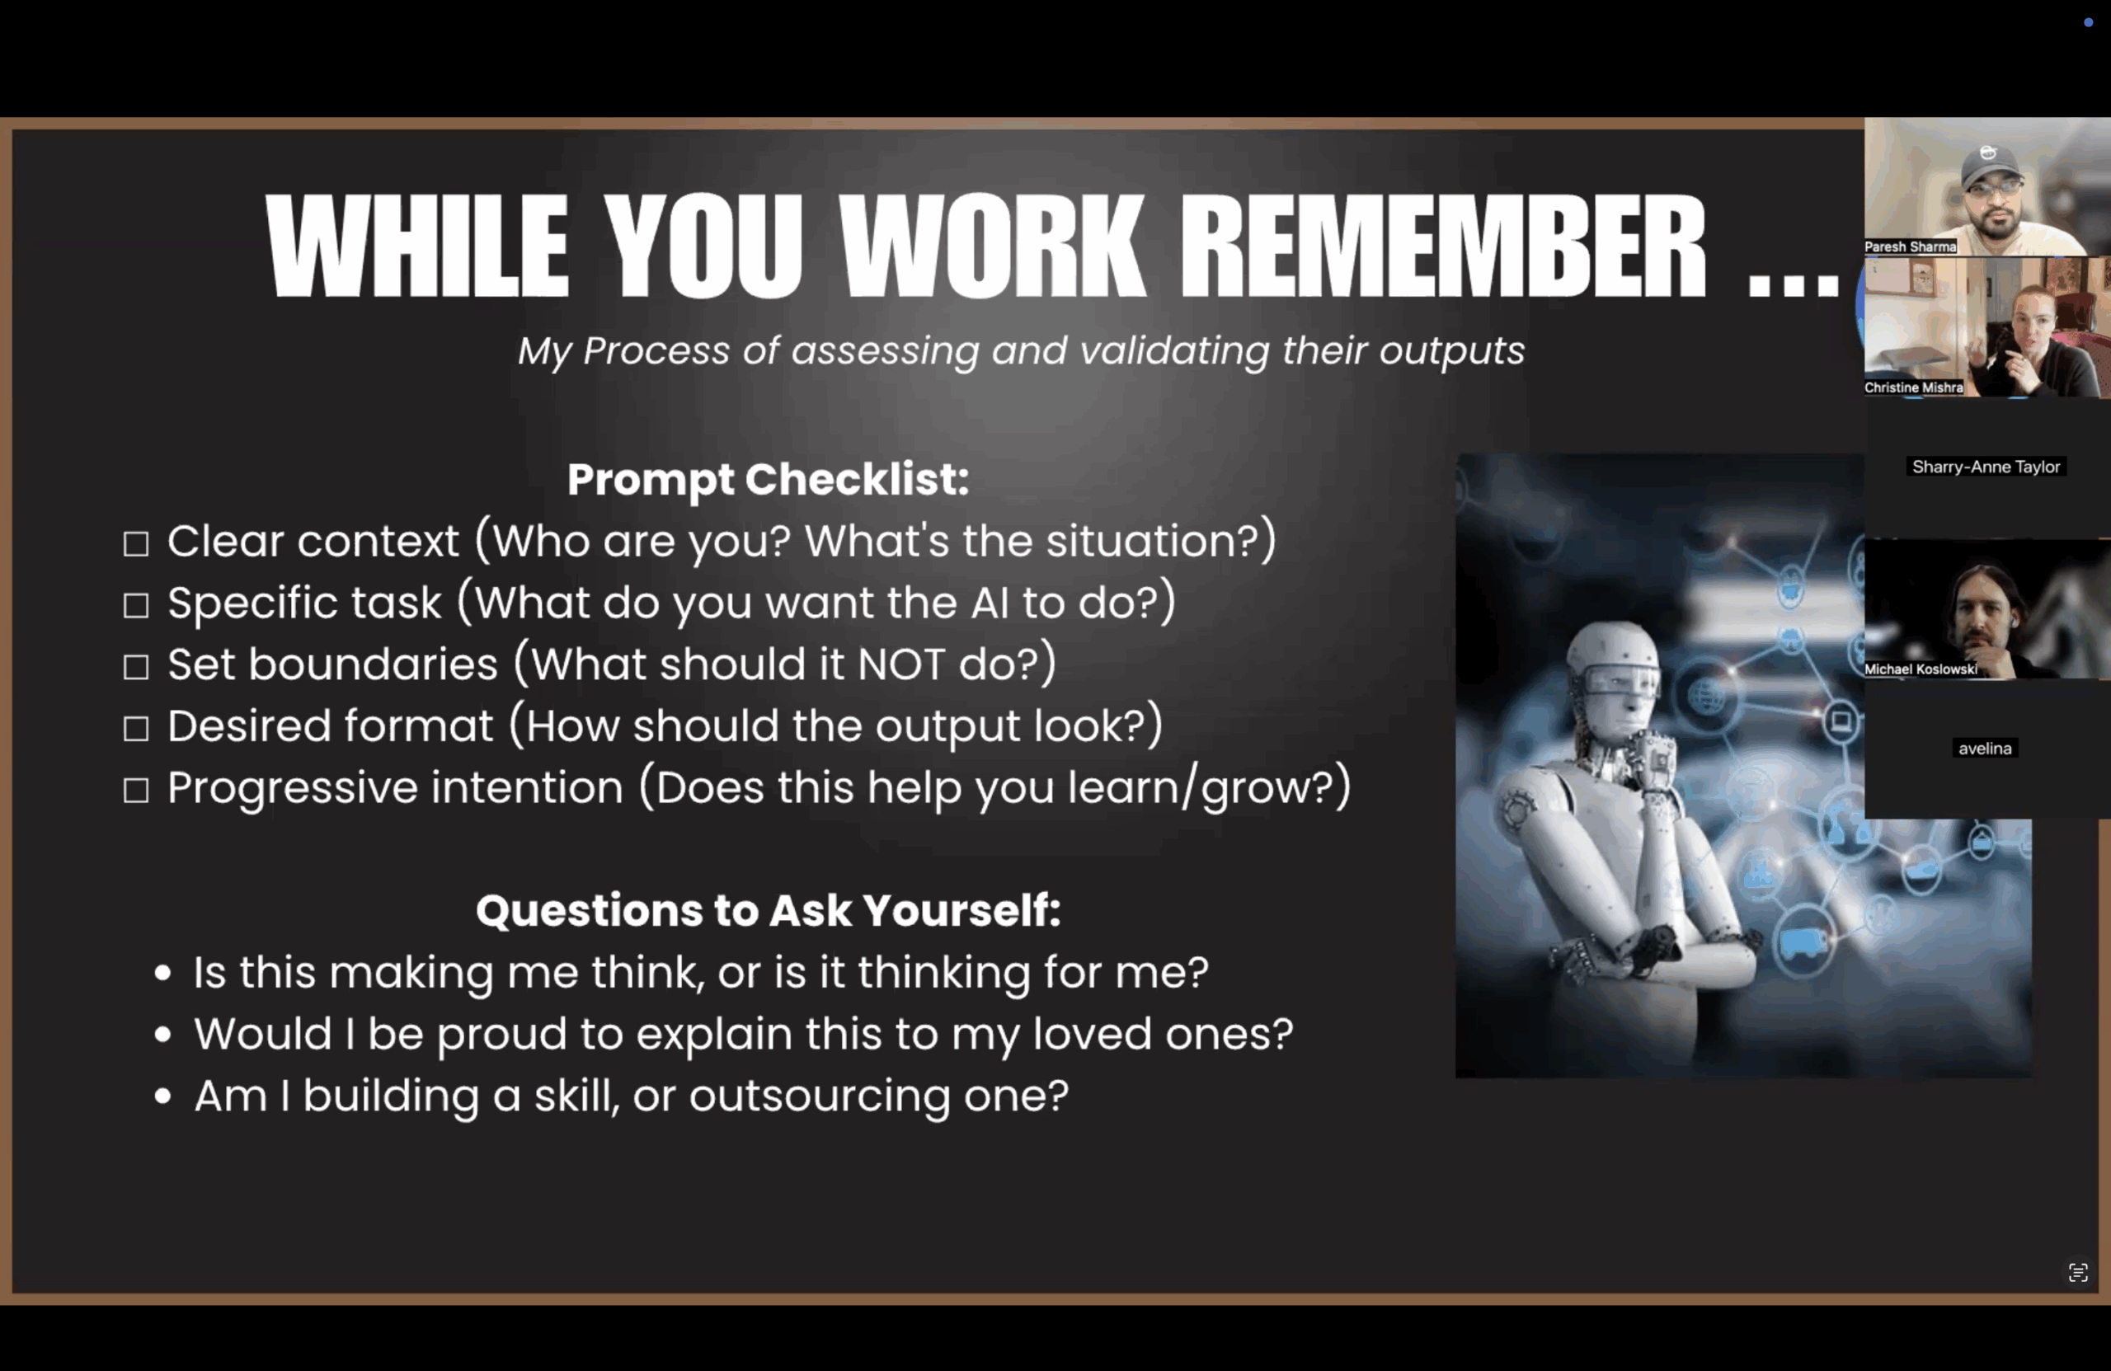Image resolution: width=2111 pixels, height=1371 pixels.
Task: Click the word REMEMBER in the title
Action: coord(1442,246)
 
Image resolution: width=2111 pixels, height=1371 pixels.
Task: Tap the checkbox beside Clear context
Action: coord(136,543)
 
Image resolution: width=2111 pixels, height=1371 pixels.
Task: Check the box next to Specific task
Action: coord(136,606)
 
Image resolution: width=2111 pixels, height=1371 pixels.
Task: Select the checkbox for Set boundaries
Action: coord(136,667)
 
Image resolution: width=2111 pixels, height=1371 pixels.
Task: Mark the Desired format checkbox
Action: coord(136,729)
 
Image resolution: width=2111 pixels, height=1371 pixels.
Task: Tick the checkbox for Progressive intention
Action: coord(136,790)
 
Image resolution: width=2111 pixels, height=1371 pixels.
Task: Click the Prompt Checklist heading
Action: coord(768,480)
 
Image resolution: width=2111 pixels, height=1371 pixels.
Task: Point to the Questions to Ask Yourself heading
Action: coord(768,911)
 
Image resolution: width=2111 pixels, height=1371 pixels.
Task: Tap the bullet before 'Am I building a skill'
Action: coord(162,1096)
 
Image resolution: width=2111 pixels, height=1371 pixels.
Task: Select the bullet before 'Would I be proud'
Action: coord(162,1034)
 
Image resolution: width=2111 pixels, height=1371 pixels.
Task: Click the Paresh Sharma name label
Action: coord(1911,246)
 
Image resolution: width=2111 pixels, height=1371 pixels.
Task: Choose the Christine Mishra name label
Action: coord(1913,387)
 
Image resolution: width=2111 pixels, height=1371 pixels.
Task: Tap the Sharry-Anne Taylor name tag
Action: coord(1986,467)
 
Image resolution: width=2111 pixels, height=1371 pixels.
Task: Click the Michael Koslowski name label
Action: coord(1921,669)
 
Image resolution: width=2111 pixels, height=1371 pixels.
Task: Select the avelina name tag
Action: coord(1985,749)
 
